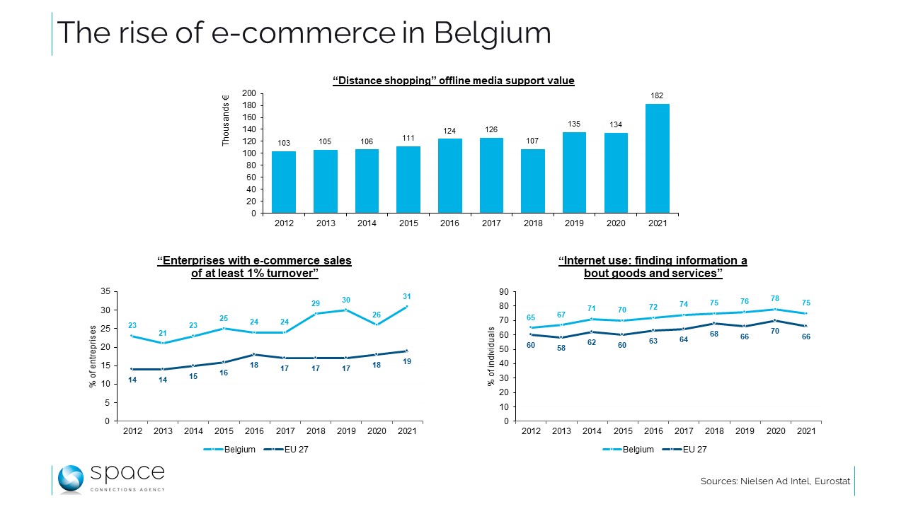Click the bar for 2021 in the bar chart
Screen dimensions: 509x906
pyautogui.click(x=658, y=158)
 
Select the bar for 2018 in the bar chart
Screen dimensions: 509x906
pyautogui.click(x=533, y=181)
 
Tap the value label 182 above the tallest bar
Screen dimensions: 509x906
pyautogui.click(x=658, y=95)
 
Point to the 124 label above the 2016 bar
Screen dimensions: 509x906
pyautogui.click(x=450, y=131)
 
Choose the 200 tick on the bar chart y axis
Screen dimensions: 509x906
pyautogui.click(x=248, y=93)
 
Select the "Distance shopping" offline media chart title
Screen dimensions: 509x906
pyautogui.click(x=453, y=81)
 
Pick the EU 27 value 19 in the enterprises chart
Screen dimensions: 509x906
pyautogui.click(x=407, y=361)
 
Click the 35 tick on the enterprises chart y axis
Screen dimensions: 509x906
pyautogui.click(x=105, y=291)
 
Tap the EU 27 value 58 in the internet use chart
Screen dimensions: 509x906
pyautogui.click(x=561, y=349)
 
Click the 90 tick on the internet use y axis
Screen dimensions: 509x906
pyautogui.click(x=503, y=291)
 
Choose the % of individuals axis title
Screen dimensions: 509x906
pyautogui.click(x=491, y=356)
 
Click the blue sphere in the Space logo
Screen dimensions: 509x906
pyautogui.click(x=71, y=479)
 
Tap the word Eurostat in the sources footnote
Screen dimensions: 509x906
pyautogui.click(x=831, y=481)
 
